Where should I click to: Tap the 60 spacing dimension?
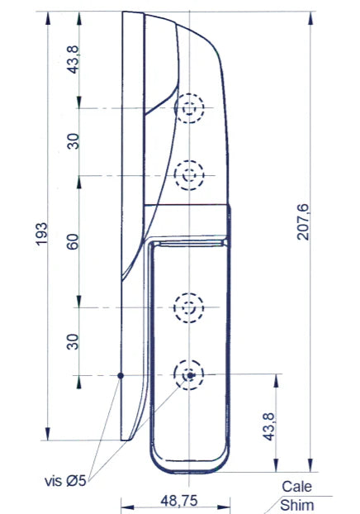click(73, 242)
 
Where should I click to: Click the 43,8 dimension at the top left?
click(73, 59)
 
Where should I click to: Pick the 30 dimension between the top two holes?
click(73, 141)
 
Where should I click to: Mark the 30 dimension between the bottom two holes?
click(73, 341)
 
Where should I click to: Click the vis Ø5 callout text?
click(68, 480)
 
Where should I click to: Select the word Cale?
click(296, 488)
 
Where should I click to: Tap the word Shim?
click(296, 504)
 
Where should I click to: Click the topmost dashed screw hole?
click(191, 108)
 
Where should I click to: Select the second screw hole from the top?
click(190, 175)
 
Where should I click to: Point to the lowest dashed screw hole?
click(189, 375)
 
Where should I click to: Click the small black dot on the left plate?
click(121, 375)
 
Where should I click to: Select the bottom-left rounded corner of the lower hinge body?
click(154, 463)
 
